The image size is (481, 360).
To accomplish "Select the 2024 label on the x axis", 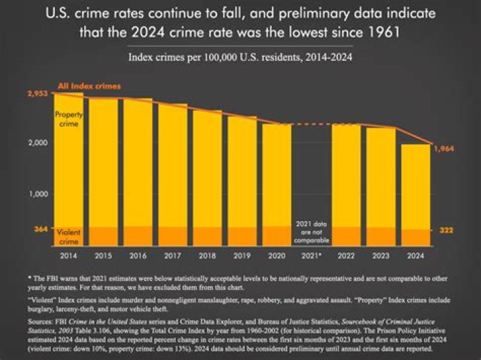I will pos(415,255).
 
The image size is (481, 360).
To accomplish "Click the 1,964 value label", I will pos(444,149).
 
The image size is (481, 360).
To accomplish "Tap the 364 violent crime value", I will pos(39,230).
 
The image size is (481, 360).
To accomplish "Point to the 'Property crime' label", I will pos(69,120).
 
